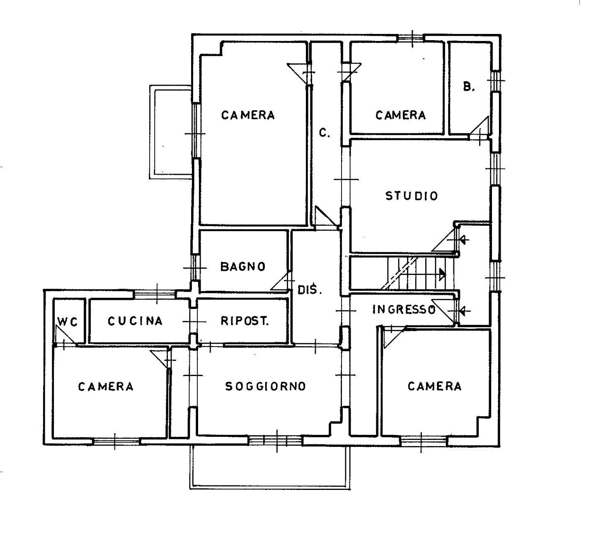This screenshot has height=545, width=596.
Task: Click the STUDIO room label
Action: click(x=412, y=196)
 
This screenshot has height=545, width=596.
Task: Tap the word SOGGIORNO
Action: click(x=265, y=386)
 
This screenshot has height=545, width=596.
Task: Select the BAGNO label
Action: click(x=243, y=266)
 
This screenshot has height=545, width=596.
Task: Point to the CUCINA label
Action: click(x=135, y=321)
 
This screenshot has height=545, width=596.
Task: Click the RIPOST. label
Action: click(x=245, y=321)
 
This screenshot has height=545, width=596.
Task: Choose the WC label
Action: click(x=68, y=322)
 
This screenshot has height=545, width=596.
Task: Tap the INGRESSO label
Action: click(x=404, y=309)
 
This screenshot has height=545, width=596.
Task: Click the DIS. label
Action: click(x=310, y=289)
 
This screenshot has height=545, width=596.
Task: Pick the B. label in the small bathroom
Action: click(x=469, y=87)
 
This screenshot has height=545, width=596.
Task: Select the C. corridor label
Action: click(x=325, y=133)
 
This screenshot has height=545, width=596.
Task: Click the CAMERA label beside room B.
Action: click(x=400, y=115)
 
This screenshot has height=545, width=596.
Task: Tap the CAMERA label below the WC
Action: click(x=105, y=386)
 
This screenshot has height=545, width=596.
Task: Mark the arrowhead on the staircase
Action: click(x=443, y=274)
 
